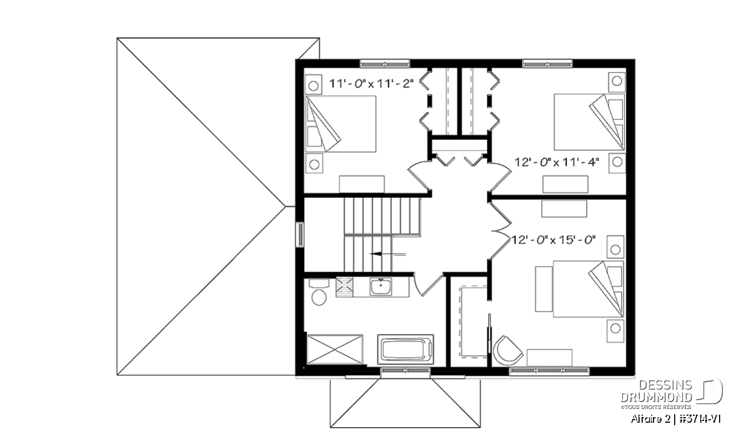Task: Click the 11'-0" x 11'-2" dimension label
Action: click(x=371, y=84)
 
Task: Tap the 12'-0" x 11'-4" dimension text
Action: click(x=556, y=162)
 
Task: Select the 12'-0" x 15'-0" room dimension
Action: click(x=554, y=240)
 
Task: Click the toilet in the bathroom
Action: click(x=318, y=292)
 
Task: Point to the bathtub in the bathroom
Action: click(x=406, y=349)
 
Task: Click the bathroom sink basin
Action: click(x=381, y=287)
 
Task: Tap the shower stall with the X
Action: click(x=335, y=349)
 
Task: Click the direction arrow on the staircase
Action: click(x=388, y=254)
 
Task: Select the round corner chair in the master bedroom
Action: click(x=507, y=351)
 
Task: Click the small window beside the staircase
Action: click(x=300, y=235)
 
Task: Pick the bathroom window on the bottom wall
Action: click(x=405, y=370)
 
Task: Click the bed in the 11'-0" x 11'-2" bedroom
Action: click(x=341, y=124)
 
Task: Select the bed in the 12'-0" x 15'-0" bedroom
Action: click(x=588, y=289)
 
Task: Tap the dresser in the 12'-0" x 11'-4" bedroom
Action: click(x=565, y=184)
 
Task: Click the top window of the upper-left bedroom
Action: click(x=385, y=64)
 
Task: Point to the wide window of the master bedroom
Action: click(x=549, y=370)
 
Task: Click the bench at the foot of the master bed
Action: click(x=544, y=289)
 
